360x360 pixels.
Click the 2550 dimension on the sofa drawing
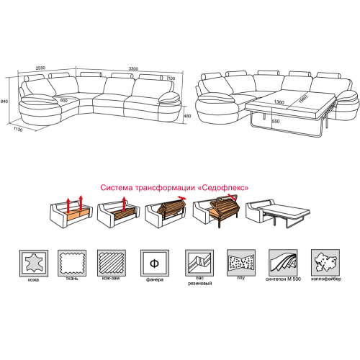click(40, 68)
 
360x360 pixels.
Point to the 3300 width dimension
click(133, 69)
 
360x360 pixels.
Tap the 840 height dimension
click(4, 102)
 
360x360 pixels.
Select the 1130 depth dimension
click(18, 130)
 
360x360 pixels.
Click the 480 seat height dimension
click(187, 116)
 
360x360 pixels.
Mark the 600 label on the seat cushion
click(63, 101)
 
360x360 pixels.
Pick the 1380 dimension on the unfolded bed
click(279, 102)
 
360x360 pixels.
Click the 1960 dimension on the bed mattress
click(303, 99)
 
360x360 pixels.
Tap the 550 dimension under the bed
click(276, 122)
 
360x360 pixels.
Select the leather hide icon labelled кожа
click(34, 263)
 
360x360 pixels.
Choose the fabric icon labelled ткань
click(72, 263)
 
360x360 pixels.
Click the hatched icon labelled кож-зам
click(112, 263)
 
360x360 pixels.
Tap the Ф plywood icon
click(155, 263)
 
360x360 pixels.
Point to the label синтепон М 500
click(283, 279)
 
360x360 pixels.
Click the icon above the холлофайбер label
click(325, 263)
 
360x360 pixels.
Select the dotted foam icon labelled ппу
click(241, 263)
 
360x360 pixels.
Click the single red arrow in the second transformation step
click(124, 204)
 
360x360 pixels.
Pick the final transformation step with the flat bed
click(278, 213)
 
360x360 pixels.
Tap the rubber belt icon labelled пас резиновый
click(199, 263)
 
